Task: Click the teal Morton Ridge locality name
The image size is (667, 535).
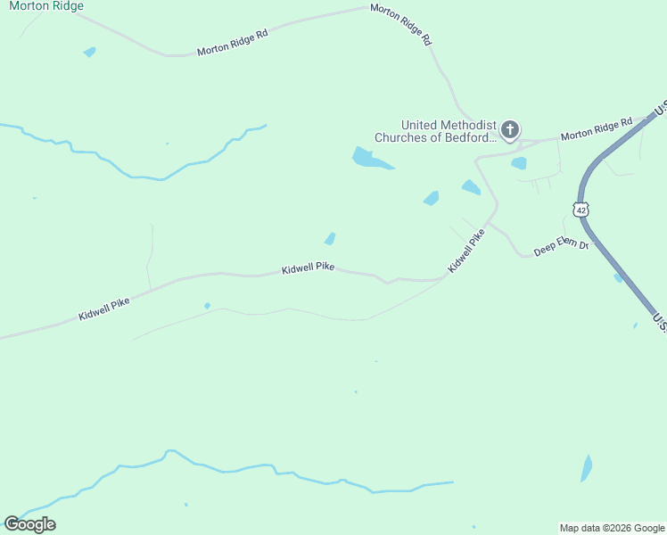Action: [46, 6]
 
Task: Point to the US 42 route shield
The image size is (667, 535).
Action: [581, 210]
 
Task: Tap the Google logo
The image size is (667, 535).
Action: [29, 523]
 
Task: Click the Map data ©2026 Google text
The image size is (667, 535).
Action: [613, 528]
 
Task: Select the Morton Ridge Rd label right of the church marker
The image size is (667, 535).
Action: [597, 128]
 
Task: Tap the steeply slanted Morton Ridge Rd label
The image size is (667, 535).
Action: [400, 25]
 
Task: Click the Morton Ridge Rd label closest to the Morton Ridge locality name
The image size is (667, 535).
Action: [232, 44]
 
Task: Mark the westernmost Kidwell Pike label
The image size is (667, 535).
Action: [103, 309]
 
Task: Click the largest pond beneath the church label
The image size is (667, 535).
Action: [369, 160]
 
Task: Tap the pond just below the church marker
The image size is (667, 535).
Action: [519, 163]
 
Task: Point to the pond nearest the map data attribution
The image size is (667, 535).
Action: [586, 467]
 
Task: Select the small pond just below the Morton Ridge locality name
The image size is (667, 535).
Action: [89, 52]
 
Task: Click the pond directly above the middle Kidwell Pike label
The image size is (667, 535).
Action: [330, 238]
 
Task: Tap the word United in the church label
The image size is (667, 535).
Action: [422, 125]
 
